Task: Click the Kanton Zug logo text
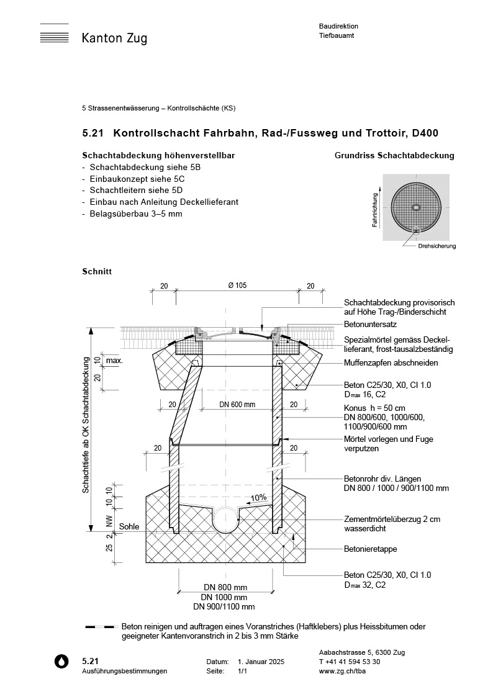pos(114,38)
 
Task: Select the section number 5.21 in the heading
pos(93,133)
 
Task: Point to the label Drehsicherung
pos(437,246)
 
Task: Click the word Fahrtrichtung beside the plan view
pos(375,209)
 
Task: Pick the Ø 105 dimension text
pos(237,286)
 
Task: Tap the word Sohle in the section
pos(129,526)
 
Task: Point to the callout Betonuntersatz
pos(370,325)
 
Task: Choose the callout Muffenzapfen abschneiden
pos(391,363)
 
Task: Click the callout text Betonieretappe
pos(370,549)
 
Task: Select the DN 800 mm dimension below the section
pos(225,587)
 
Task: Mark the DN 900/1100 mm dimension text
pos(224,606)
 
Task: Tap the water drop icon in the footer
pos(60,662)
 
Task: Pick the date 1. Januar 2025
pos(261,662)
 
